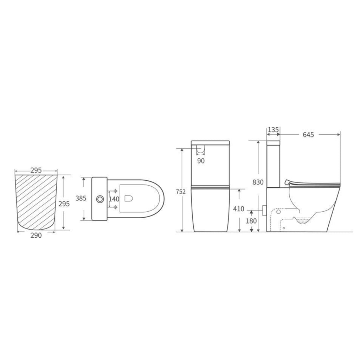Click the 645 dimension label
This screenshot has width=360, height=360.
pos(308,135)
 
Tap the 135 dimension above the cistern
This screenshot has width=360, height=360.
pos(273,130)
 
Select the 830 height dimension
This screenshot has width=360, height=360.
pos(258,182)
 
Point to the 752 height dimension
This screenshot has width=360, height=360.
pos(181,192)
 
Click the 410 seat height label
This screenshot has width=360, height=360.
pos(239,209)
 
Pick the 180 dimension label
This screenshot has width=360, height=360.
pos(251,221)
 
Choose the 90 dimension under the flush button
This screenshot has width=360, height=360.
pos(201,161)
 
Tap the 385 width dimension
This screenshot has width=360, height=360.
pos(81,198)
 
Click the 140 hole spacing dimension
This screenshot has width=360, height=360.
pos(114,199)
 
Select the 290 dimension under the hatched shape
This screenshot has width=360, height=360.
pos(36,235)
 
